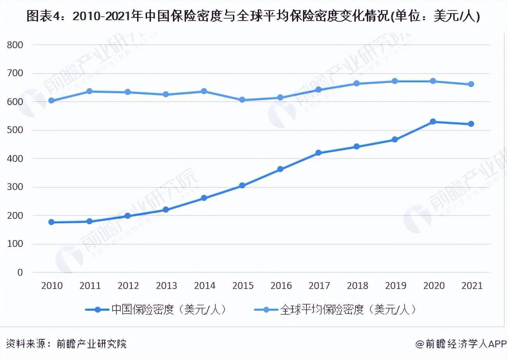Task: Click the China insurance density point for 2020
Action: [433, 122]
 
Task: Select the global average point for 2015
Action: [242, 100]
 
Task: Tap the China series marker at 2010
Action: [51, 222]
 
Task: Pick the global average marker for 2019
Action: [395, 81]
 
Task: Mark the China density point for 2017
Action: [319, 153]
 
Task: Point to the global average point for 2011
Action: [89, 91]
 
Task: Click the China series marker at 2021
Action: [471, 124]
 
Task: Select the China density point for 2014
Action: [204, 198]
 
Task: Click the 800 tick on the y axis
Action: [15, 45]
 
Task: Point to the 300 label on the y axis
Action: [15, 187]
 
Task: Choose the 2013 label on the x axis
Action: [166, 286]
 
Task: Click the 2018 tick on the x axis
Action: [357, 286]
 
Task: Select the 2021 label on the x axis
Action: [472, 286]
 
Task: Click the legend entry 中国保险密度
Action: [156, 309]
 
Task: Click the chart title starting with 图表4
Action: [253, 16]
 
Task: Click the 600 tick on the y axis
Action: [15, 102]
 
